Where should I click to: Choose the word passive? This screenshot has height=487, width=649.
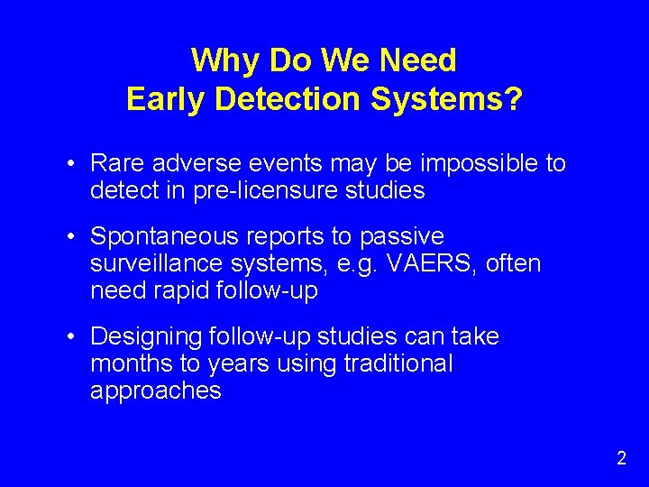[402, 236]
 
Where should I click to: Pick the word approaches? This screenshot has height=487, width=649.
[155, 391]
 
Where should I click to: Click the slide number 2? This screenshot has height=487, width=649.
[621, 458]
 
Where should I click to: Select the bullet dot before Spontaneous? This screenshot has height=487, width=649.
[72, 237]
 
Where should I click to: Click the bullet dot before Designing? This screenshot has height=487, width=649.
[72, 337]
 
